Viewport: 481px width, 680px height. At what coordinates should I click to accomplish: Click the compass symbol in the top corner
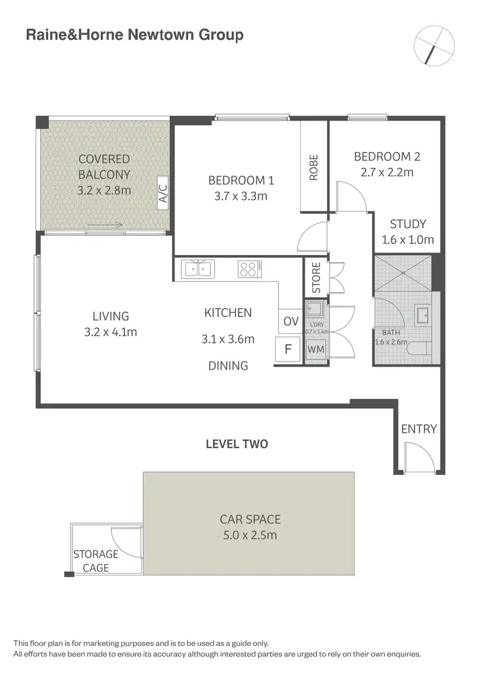(434, 46)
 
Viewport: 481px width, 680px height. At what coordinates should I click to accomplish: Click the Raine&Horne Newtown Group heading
(134, 35)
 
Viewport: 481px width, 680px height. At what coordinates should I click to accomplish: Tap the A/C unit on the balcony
(162, 192)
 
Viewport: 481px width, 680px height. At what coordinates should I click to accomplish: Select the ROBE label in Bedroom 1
(314, 167)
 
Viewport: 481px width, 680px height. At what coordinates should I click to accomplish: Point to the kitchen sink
(199, 269)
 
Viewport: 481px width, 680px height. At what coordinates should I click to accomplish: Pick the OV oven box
(291, 321)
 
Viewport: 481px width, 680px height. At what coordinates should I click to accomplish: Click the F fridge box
(287, 351)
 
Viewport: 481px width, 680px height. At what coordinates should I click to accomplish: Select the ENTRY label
(419, 429)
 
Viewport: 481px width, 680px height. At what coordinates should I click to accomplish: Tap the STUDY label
(408, 224)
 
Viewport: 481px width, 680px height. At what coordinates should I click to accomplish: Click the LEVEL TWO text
(237, 444)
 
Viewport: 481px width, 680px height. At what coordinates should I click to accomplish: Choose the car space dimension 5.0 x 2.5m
(249, 535)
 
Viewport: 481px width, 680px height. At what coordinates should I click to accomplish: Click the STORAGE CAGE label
(96, 561)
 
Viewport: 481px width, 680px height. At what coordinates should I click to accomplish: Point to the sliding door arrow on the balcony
(105, 225)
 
